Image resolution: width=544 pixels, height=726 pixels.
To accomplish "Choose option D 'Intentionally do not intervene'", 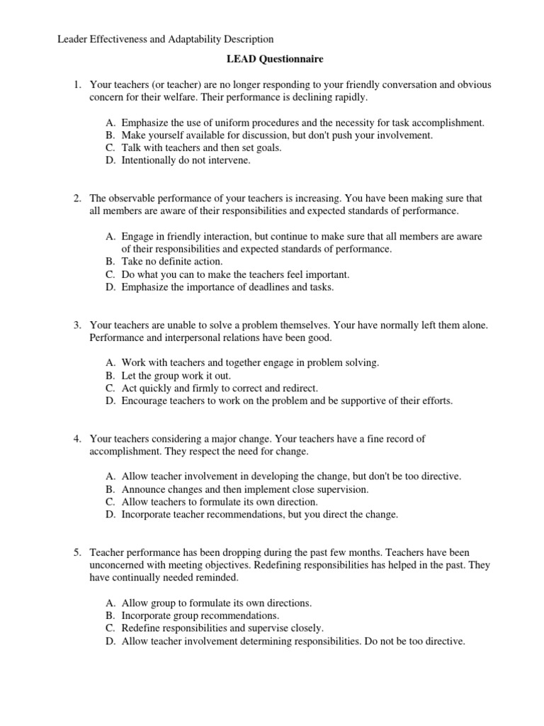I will click(x=186, y=160).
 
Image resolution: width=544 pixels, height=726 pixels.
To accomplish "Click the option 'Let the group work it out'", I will click(x=176, y=375).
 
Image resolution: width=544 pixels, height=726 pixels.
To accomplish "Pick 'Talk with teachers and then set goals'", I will click(x=201, y=147).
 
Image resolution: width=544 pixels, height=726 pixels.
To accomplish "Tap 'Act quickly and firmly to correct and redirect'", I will click(x=220, y=388).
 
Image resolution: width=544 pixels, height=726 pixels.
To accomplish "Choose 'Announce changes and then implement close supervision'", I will click(x=244, y=489).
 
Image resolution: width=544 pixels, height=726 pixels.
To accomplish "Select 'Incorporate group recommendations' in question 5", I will click(x=200, y=615).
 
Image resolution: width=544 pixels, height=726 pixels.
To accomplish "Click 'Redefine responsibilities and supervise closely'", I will click(x=222, y=628).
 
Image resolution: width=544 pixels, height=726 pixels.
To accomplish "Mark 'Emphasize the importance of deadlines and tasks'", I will click(x=227, y=287).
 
